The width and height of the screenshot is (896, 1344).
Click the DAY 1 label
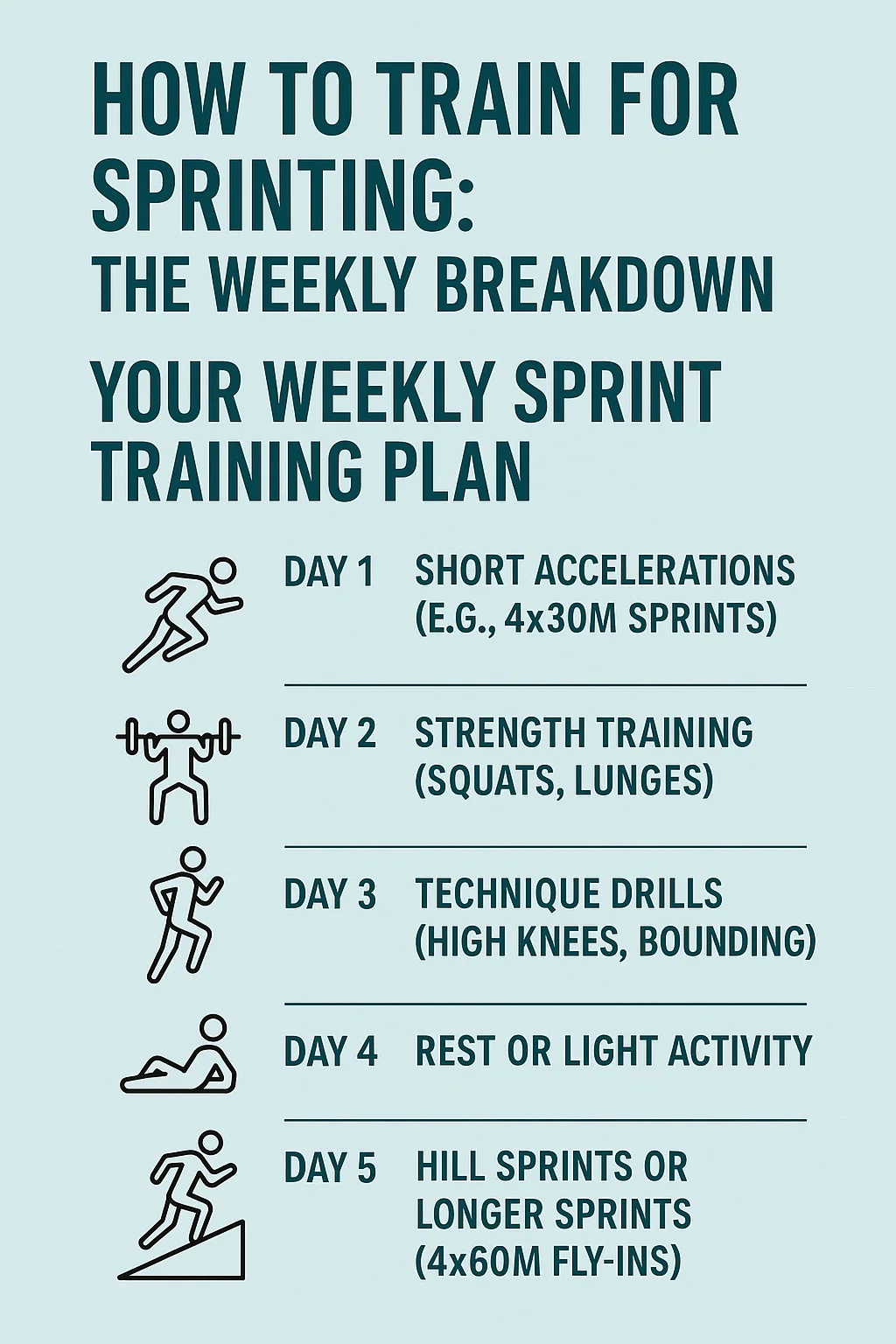pos(329,571)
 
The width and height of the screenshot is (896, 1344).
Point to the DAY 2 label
pos(330,732)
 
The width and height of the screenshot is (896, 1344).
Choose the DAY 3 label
pos(330,894)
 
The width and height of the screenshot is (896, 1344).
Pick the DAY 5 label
pos(330,1167)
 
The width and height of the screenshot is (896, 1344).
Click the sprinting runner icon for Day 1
pos(183,616)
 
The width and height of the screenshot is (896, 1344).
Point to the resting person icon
pos(178,1054)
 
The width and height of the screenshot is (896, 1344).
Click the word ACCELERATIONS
pos(664,570)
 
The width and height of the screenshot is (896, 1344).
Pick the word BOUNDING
pos(726,941)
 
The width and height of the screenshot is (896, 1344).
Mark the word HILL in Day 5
pos(451,1167)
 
